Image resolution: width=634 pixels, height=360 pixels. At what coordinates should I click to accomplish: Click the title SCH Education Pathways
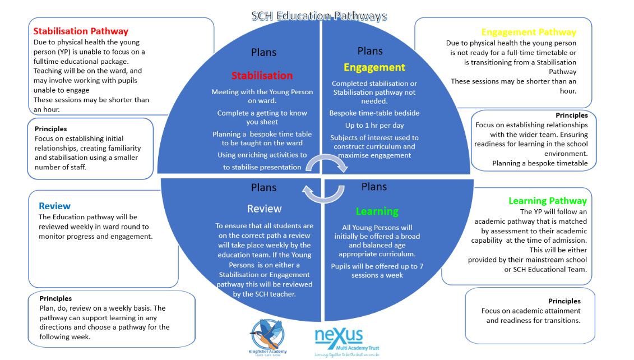[x=319, y=15]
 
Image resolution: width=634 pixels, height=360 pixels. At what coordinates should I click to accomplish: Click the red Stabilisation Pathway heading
[x=81, y=31]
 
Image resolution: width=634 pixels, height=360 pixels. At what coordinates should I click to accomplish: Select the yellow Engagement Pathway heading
[x=528, y=33]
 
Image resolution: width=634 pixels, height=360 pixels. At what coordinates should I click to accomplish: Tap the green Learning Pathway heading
[x=547, y=201]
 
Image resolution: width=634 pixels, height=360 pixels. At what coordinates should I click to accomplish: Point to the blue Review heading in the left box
[x=54, y=206]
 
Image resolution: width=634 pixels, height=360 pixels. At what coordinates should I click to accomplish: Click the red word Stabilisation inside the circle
[x=262, y=76]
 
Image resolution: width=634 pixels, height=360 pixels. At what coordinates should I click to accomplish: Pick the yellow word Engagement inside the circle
[x=374, y=67]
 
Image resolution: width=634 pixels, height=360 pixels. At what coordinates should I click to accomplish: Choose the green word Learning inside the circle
[x=377, y=211]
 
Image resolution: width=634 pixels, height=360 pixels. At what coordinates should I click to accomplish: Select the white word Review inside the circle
[x=264, y=209]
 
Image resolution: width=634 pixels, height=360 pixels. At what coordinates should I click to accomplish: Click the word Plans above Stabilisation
[x=263, y=52]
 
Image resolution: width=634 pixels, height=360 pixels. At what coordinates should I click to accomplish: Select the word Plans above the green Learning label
[x=374, y=186]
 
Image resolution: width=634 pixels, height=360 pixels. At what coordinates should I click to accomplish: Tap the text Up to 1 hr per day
[x=374, y=125]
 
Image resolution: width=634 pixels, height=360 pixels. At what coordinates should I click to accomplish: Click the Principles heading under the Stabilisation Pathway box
[x=50, y=129]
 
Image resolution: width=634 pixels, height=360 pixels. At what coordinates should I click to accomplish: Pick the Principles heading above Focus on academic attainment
[x=564, y=301]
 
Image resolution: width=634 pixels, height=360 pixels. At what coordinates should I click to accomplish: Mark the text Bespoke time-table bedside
[x=374, y=113]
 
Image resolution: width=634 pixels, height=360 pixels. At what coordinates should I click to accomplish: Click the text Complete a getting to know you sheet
[x=262, y=117]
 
